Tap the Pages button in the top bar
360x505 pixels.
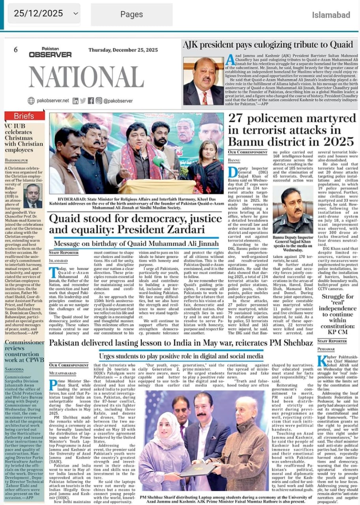tap(131, 14)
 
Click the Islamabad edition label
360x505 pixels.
tap(331, 15)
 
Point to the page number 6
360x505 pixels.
tap(16, 50)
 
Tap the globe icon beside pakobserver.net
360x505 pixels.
tap(31, 101)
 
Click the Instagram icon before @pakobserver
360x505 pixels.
tap(99, 101)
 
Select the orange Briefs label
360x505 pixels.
tap(24, 116)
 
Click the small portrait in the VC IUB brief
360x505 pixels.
tap(33, 196)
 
